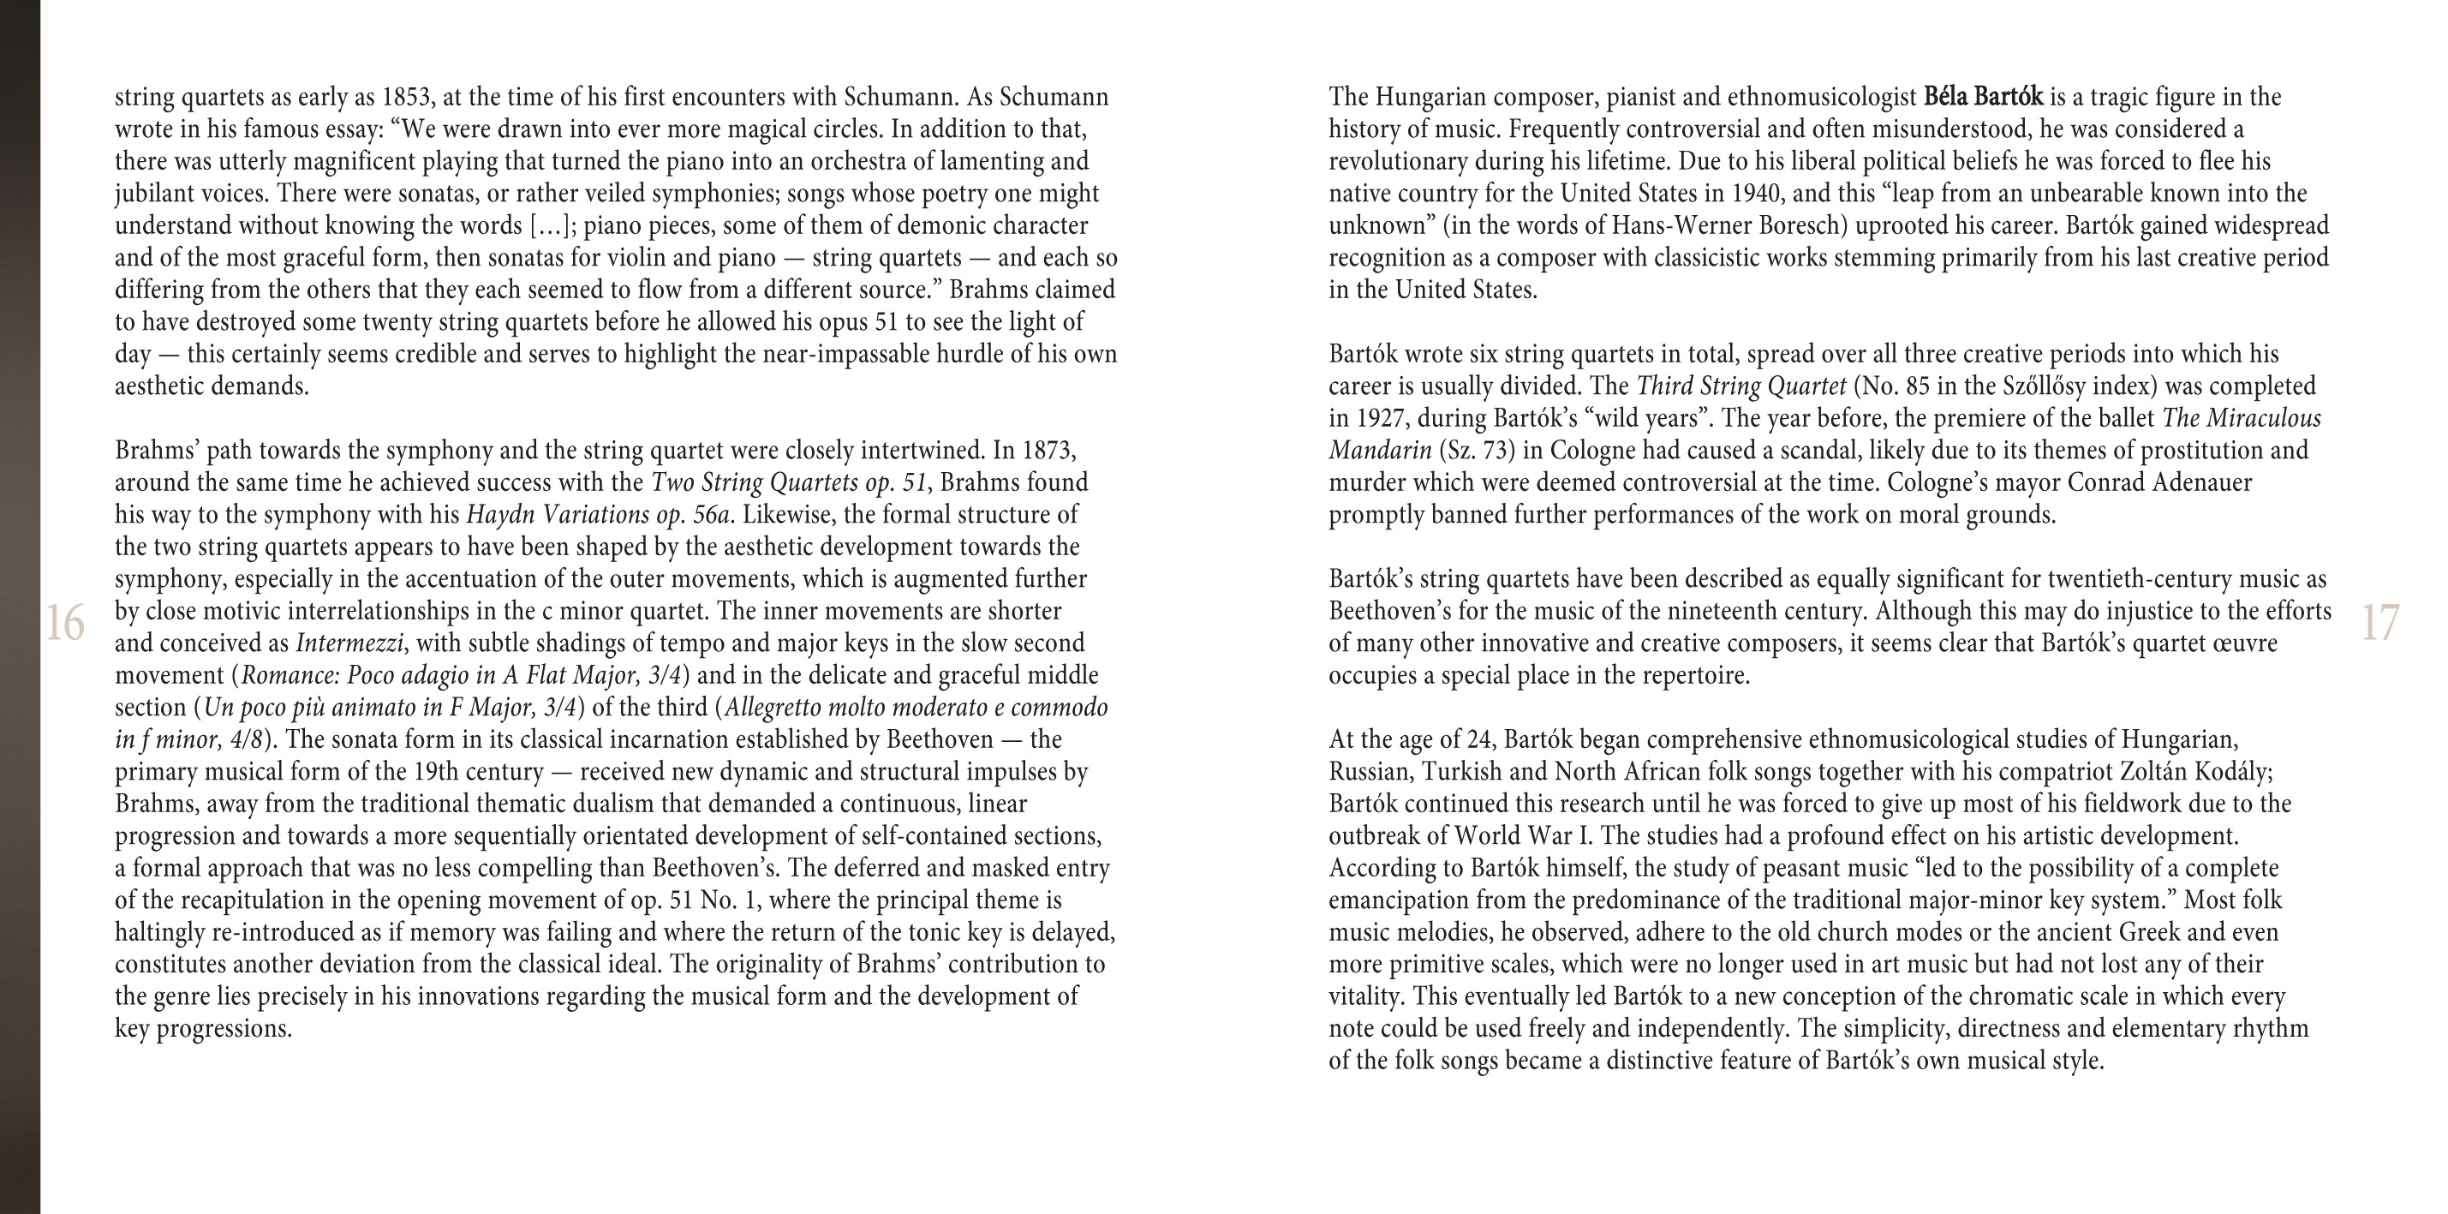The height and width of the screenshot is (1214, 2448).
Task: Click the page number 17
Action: [x=2379, y=624]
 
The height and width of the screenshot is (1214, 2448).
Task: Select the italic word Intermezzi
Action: [x=349, y=643]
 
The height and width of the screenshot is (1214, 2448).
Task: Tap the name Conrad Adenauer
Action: [x=2159, y=483]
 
